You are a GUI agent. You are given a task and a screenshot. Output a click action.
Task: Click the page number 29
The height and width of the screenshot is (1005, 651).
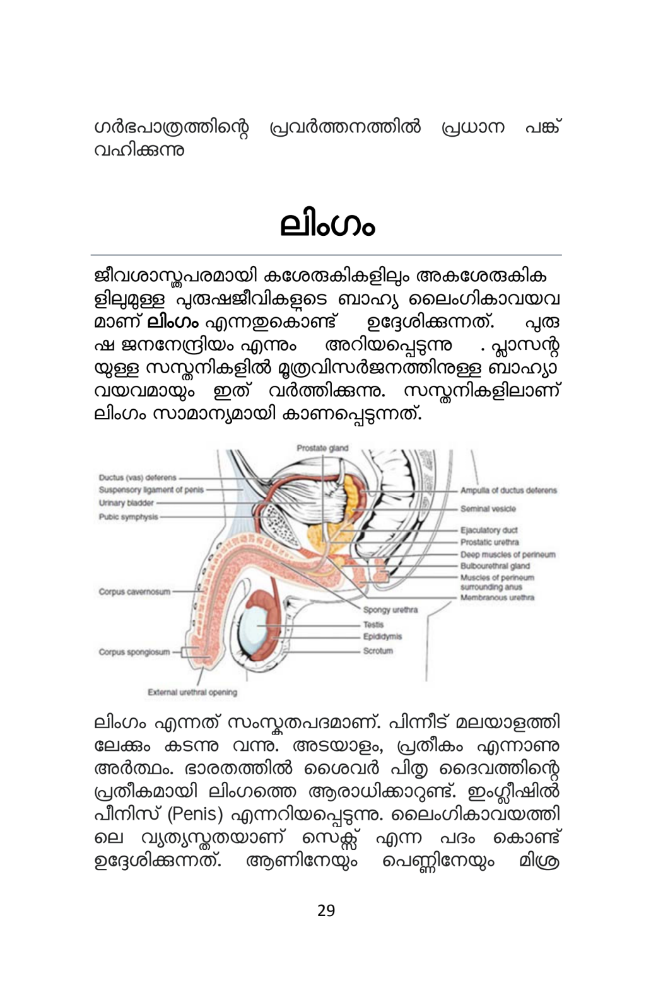click(326, 910)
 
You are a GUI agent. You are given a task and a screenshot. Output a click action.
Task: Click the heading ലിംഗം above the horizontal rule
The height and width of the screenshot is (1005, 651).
click(327, 226)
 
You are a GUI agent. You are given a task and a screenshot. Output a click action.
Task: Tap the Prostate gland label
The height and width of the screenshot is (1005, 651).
click(322, 448)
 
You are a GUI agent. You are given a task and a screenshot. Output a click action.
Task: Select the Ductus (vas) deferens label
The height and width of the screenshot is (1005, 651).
click(138, 477)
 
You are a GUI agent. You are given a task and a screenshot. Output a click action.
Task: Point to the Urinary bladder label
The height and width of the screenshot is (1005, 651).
click(126, 503)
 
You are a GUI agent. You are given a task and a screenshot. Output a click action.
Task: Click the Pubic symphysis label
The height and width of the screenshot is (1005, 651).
click(128, 517)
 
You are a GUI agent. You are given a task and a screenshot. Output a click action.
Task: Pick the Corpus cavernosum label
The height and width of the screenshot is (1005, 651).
click(134, 592)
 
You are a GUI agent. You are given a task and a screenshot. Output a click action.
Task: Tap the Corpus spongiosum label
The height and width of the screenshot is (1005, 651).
click(134, 652)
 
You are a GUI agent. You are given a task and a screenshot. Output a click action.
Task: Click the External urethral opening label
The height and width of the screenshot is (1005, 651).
click(192, 692)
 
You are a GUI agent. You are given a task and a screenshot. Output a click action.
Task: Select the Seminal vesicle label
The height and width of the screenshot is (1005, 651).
click(488, 509)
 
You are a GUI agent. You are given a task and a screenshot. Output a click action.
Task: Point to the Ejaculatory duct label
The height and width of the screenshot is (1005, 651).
click(489, 530)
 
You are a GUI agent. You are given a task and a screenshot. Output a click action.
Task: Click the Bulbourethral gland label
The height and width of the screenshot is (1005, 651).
click(495, 566)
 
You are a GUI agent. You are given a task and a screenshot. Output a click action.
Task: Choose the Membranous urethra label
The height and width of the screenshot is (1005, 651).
click(497, 597)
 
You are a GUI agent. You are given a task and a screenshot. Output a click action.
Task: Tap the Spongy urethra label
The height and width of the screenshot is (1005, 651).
click(390, 610)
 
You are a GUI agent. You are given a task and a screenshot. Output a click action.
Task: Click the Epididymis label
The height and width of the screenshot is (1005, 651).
click(382, 637)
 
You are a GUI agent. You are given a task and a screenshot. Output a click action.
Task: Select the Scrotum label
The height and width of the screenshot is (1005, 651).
click(378, 651)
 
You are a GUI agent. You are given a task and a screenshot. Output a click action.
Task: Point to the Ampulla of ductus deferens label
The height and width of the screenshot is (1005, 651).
click(508, 491)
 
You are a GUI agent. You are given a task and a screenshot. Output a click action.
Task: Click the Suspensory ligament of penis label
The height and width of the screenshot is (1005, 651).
click(151, 490)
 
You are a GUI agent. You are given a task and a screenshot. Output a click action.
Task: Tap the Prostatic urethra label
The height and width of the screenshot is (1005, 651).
click(490, 542)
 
